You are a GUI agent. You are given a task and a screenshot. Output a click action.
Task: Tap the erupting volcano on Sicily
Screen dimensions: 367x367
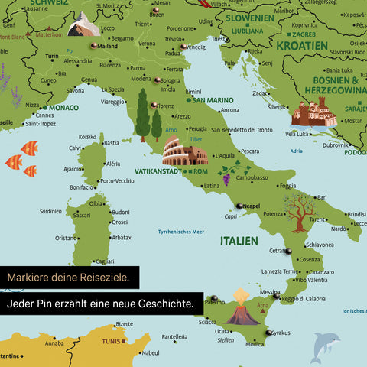pos(242,306)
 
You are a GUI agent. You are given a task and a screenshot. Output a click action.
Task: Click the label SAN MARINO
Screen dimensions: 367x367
pos(213,100)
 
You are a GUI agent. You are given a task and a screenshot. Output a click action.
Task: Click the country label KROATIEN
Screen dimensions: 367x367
pos(301,45)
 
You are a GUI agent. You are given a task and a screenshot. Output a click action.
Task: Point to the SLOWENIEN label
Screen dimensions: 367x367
pos(248,18)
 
